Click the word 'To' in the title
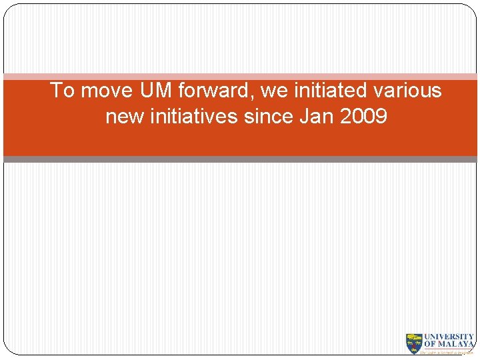(62, 90)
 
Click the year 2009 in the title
(363, 117)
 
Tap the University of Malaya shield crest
(414, 343)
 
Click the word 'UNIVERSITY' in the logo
(449, 337)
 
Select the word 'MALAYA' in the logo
(456, 345)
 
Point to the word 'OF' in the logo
(430, 345)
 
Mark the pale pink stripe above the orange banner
(240, 77)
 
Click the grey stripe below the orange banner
(240, 159)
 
